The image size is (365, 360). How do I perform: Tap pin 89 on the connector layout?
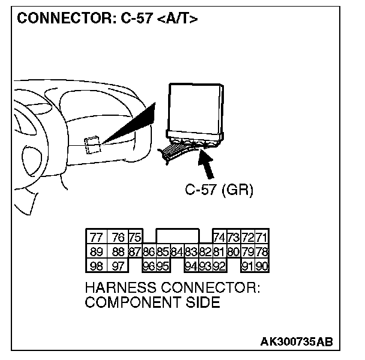click(x=95, y=251)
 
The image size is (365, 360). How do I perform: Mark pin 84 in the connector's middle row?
click(x=176, y=251)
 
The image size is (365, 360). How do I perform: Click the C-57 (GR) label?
click(x=219, y=191)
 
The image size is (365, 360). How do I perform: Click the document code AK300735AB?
click(x=296, y=342)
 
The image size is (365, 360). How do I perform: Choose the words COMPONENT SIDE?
click(x=152, y=302)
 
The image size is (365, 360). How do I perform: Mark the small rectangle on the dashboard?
click(x=92, y=145)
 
